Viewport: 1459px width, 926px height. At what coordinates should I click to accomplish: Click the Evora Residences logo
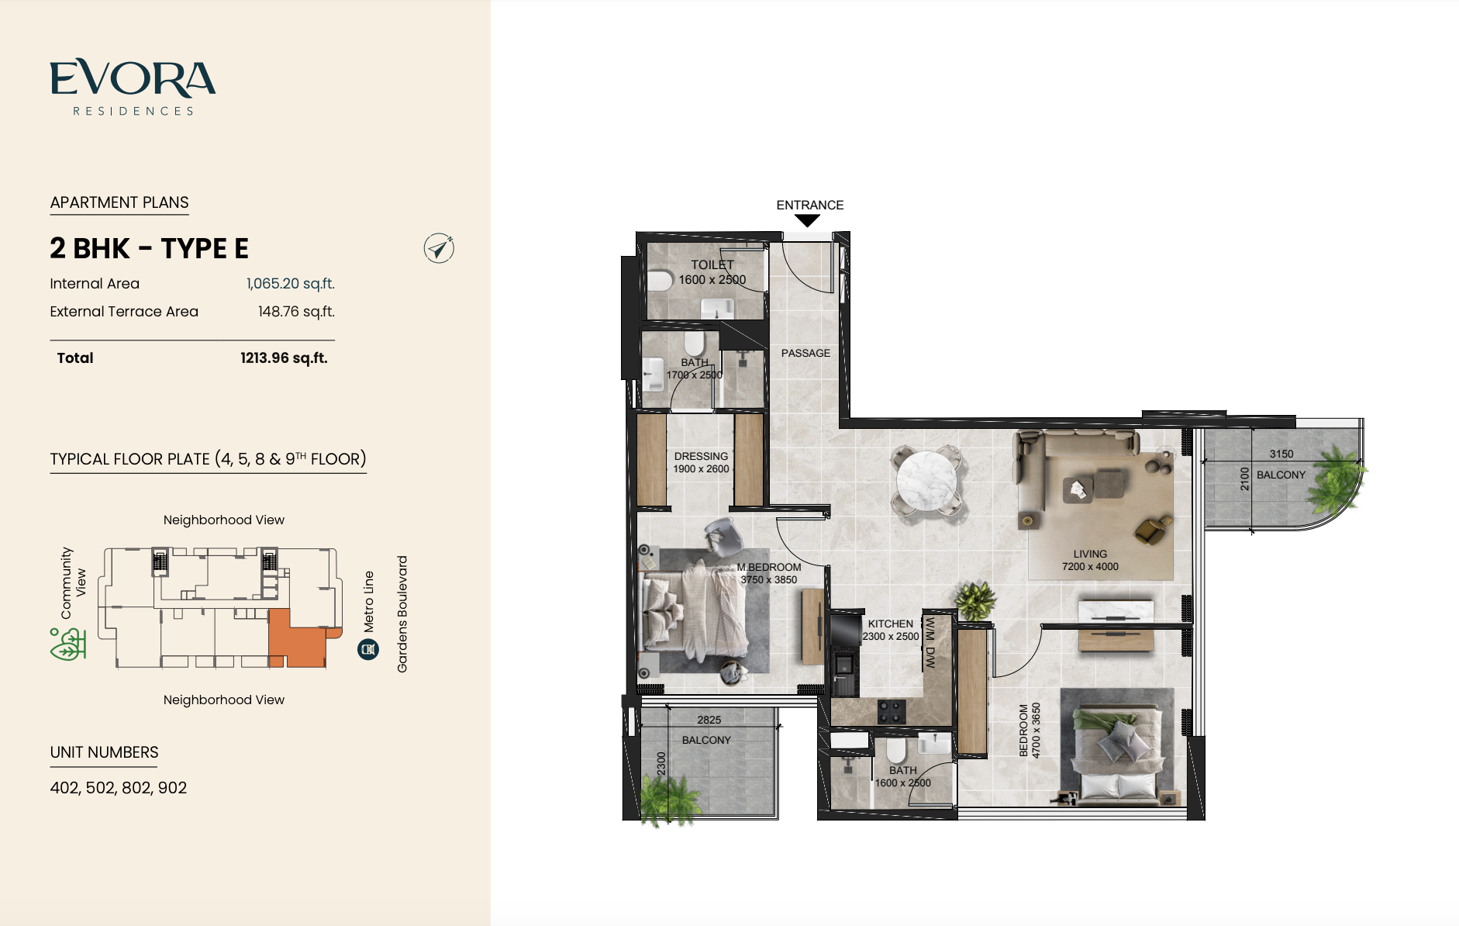coord(133,88)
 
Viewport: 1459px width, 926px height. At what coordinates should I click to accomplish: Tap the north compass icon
coord(439,248)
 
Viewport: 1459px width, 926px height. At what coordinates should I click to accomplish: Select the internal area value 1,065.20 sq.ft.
coord(291,284)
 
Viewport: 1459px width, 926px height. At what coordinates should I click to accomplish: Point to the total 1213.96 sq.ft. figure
coord(284,358)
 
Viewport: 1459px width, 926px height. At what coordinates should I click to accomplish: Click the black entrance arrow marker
coord(807,221)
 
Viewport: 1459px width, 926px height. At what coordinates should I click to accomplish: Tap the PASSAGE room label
coord(805,353)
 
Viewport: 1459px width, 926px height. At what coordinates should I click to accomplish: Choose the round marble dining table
coord(927,480)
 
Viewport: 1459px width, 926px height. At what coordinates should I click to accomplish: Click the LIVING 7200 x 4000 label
coord(1090,560)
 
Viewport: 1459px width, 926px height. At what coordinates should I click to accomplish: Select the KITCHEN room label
coord(891,624)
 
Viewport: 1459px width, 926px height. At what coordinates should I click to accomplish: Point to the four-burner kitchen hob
coord(892,712)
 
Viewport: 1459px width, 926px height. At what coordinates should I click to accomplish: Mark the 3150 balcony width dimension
coord(1281,454)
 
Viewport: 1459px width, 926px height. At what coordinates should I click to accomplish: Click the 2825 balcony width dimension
coord(709,720)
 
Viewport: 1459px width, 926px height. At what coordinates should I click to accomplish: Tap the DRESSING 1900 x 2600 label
coord(701,462)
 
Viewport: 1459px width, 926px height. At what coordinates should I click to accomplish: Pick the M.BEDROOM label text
coord(769,567)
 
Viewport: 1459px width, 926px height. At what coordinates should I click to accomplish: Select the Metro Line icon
coord(368,649)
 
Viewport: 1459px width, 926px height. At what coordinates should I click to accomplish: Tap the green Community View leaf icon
coord(68,644)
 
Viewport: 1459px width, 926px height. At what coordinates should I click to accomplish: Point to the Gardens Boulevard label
coord(402,614)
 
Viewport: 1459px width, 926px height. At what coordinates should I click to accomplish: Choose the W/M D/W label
coord(930,643)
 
